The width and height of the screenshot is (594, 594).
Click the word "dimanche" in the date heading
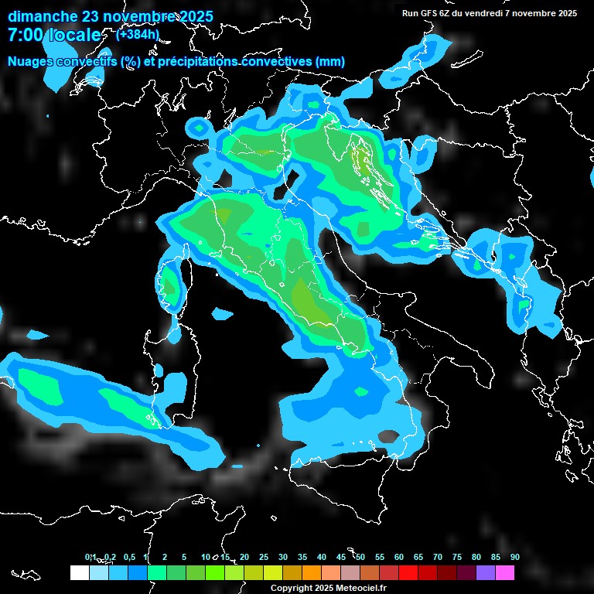[x=42, y=16]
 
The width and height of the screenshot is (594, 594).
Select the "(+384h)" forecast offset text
[x=137, y=34]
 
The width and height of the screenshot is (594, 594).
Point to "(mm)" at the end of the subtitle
[x=330, y=62]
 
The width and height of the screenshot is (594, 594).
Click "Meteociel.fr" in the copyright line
[x=367, y=588]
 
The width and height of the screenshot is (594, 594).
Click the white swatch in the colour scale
[x=79, y=572]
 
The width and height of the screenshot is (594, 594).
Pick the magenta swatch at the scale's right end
[x=505, y=572]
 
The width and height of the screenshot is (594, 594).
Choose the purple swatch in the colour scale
[x=486, y=572]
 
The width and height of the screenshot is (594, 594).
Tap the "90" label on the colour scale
[x=514, y=557]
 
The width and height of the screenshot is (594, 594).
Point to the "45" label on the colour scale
[x=341, y=557]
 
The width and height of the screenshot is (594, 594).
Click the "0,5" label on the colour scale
[x=128, y=557]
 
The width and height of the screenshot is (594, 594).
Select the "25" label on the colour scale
[x=264, y=557]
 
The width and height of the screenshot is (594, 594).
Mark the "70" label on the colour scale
[x=438, y=557]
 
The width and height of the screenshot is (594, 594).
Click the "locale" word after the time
[x=74, y=35]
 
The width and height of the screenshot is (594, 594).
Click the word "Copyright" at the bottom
[x=292, y=588]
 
